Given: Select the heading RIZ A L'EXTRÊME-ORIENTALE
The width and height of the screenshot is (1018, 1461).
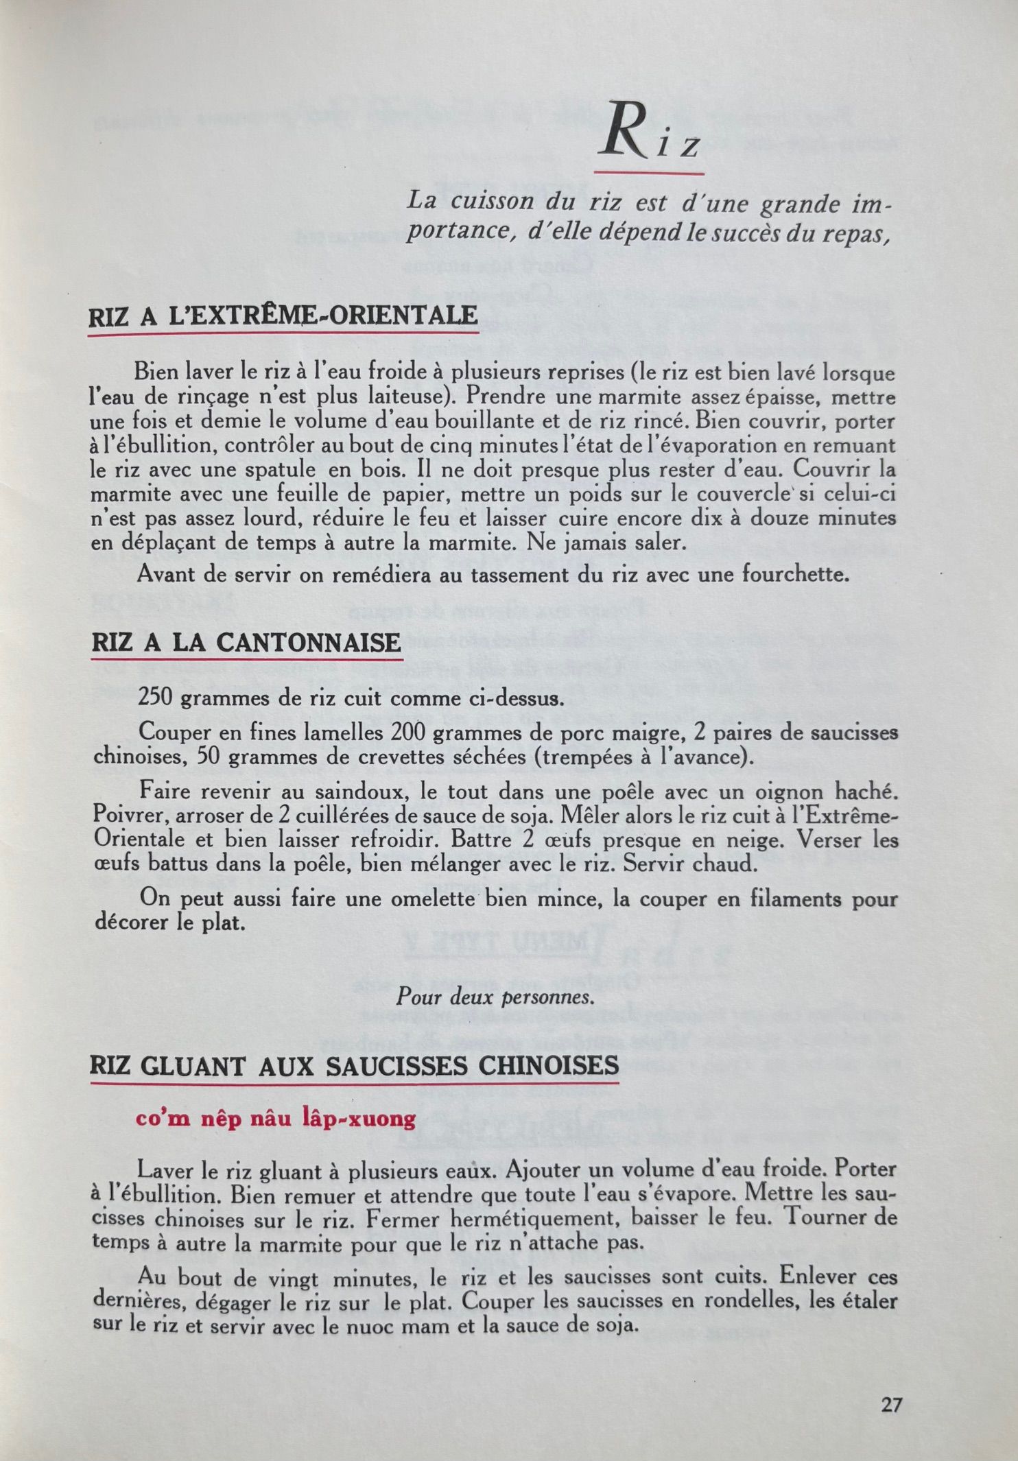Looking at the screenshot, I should point(283,316).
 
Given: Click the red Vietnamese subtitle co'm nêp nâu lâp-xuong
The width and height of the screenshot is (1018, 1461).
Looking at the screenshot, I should point(276,1119).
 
